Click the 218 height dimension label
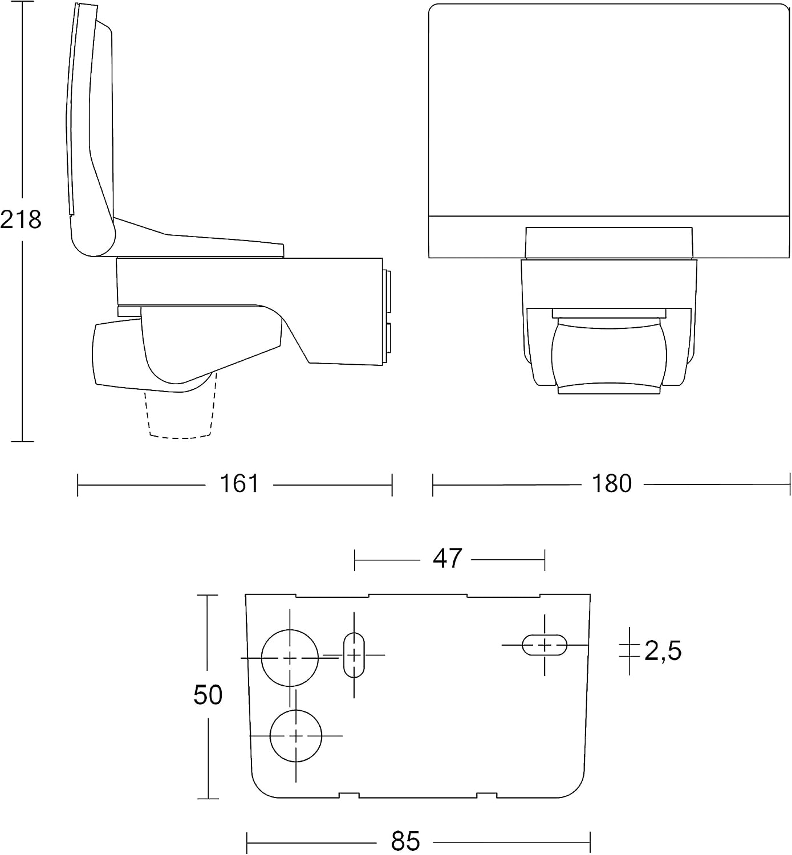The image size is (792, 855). [x=21, y=219]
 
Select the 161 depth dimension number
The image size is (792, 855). [x=239, y=483]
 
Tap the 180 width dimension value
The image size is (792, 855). [x=612, y=483]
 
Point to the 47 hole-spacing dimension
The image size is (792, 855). [x=447, y=559]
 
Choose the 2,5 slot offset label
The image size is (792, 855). [x=663, y=651]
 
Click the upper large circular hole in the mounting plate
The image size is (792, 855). [x=290, y=658]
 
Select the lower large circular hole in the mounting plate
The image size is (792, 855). [x=296, y=736]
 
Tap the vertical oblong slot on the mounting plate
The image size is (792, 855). [x=354, y=655]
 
